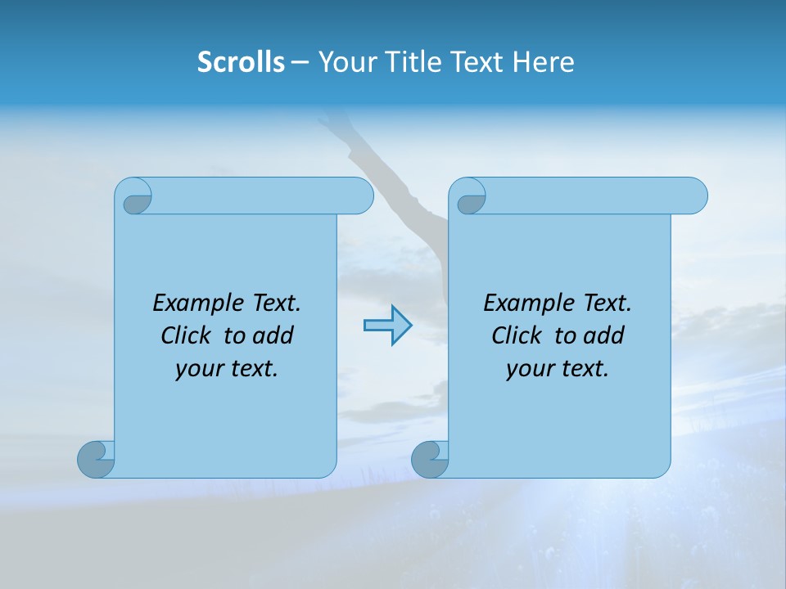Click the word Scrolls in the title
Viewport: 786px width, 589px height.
[x=241, y=62]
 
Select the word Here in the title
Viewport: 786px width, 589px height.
[x=543, y=62]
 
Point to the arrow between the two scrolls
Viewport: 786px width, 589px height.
[x=387, y=325]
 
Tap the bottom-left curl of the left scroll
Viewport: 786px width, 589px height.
[x=96, y=459]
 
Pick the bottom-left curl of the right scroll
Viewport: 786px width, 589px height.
[x=430, y=459]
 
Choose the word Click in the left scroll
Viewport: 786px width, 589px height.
[x=180, y=335]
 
